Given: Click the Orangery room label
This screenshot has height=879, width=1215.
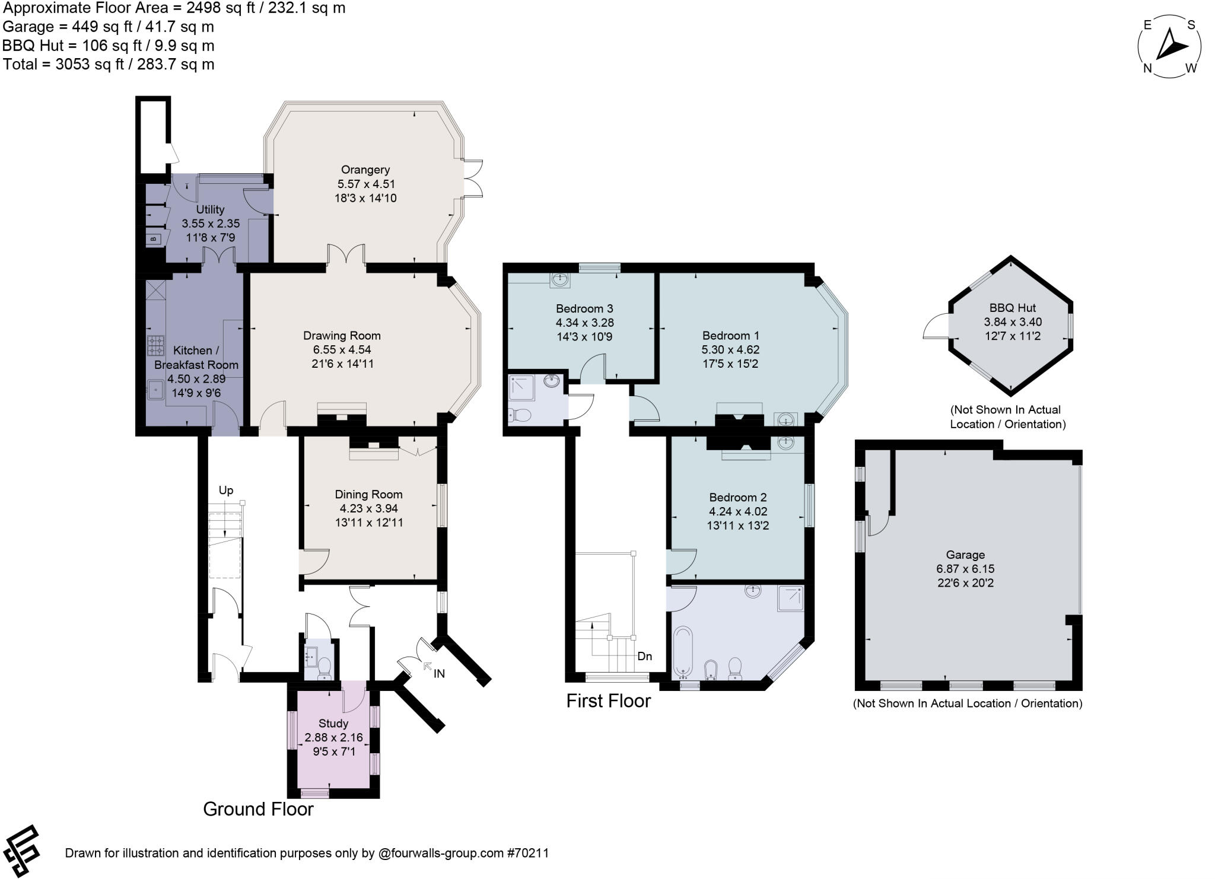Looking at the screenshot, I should [365, 170].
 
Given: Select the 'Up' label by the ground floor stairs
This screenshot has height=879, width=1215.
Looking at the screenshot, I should [226, 491].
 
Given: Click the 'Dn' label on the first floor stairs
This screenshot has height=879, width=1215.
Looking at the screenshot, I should [645, 656].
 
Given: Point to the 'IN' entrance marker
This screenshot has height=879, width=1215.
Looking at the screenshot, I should [438, 673].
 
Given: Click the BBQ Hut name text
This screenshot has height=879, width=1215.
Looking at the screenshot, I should [1012, 308].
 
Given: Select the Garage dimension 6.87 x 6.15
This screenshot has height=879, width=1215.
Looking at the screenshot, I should [965, 569].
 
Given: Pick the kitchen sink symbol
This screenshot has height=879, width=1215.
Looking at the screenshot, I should [156, 391].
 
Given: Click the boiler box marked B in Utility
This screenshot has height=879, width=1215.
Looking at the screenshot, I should [153, 239].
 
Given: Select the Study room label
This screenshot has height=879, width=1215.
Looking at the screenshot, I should [333, 724].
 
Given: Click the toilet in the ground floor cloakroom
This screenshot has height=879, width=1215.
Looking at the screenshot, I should [325, 668].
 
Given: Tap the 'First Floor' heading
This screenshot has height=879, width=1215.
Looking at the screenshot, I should [608, 701].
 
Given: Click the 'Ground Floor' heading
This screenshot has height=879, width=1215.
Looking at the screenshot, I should [258, 809].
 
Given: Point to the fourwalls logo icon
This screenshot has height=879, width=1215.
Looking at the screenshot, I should [23, 852].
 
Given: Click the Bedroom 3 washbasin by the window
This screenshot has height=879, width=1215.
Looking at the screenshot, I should [559, 279].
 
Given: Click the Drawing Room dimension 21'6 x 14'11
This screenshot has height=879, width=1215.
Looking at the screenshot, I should [342, 364].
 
